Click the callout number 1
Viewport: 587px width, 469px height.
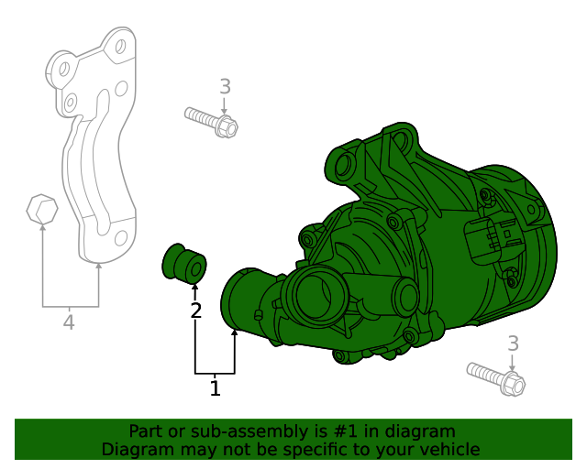[x=215, y=388]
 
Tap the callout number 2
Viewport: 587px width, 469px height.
[x=195, y=311]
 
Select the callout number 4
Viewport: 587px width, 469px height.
[x=68, y=322]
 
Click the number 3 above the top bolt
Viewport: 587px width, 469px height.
[x=225, y=87]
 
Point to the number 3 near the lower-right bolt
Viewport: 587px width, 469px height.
[x=513, y=344]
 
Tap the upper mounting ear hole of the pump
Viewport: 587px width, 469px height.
[x=345, y=166]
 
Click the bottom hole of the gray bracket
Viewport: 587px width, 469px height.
[x=118, y=240]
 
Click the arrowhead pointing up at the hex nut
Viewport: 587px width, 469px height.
[x=42, y=228]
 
